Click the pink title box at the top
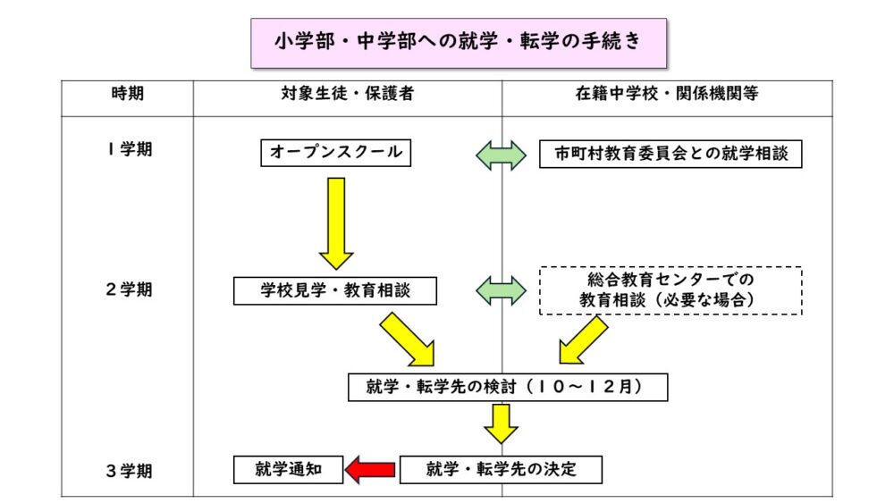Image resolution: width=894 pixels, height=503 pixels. click(459, 43)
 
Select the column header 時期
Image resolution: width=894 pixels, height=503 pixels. click(127, 93)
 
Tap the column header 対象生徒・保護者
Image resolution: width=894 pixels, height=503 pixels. click(346, 93)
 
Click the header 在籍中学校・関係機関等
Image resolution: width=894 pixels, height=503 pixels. click(666, 93)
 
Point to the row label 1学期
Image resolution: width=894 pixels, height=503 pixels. click(127, 149)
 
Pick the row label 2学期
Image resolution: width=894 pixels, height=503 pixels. click(127, 289)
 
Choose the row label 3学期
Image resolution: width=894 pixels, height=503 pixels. click(127, 469)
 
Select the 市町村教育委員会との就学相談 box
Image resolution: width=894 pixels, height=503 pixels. click(670, 154)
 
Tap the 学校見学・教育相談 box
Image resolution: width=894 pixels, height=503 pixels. click(335, 290)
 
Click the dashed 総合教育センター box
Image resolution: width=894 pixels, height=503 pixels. click(670, 290)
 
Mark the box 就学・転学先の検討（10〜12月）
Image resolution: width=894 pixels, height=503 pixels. click(507, 387)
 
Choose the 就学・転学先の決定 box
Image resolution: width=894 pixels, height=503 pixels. click(501, 469)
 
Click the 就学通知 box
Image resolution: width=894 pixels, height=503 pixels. click(288, 469)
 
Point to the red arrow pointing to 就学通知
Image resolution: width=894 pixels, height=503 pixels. click(371, 469)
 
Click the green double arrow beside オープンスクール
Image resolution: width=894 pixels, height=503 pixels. click(502, 154)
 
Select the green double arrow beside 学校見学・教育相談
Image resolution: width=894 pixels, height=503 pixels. click(502, 289)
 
